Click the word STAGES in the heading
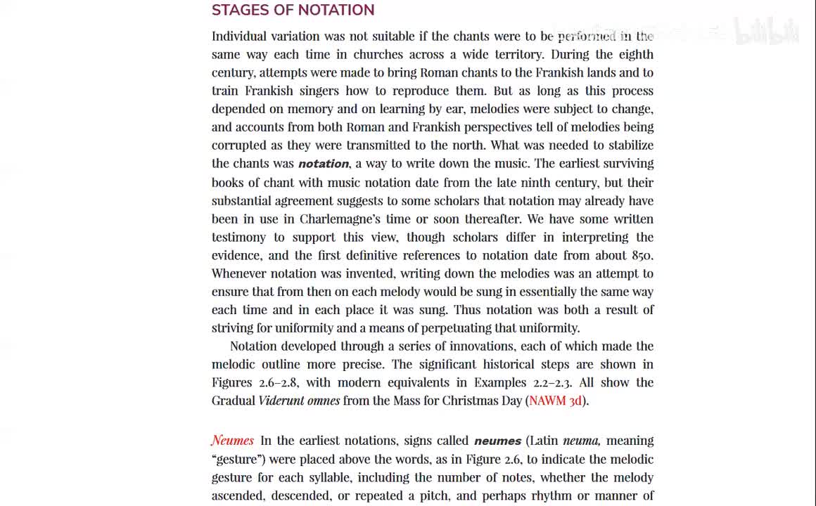[x=236, y=10]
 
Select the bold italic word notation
[x=324, y=164]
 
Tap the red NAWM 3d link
[x=556, y=401]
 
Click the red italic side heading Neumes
[x=232, y=441]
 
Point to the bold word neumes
[x=497, y=441]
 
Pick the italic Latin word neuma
[x=581, y=441]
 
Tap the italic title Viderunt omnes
[x=299, y=401]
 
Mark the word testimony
[x=238, y=237]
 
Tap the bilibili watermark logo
[x=767, y=31]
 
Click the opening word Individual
[x=240, y=36]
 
